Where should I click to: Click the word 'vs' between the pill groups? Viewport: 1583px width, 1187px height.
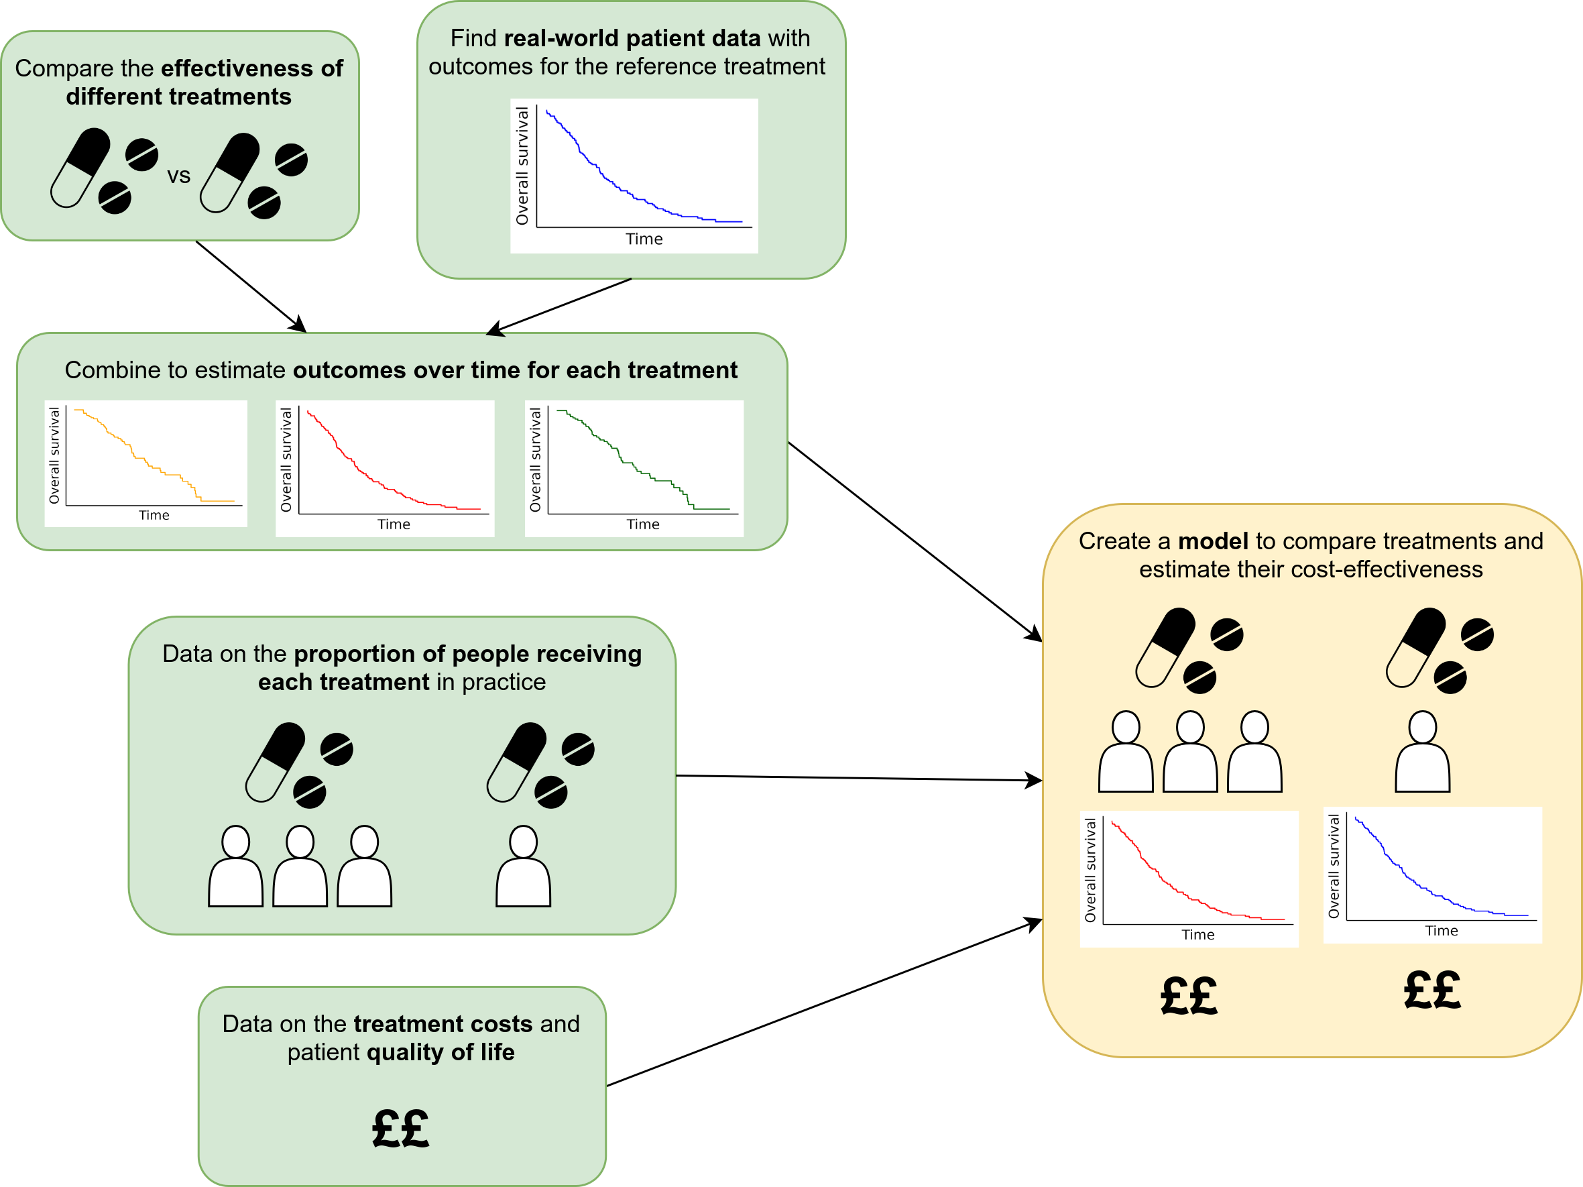(179, 176)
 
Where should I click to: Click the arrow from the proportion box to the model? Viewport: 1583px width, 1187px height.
(859, 778)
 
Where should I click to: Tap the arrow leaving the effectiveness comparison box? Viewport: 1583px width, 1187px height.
(251, 286)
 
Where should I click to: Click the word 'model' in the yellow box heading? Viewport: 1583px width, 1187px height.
(1213, 541)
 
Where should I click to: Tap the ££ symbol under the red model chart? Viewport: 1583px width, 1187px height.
(1189, 996)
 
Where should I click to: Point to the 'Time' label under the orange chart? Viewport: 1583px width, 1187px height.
(154, 516)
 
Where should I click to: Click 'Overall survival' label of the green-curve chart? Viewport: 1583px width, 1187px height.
(535, 459)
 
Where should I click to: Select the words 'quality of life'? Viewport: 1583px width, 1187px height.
(441, 1052)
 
